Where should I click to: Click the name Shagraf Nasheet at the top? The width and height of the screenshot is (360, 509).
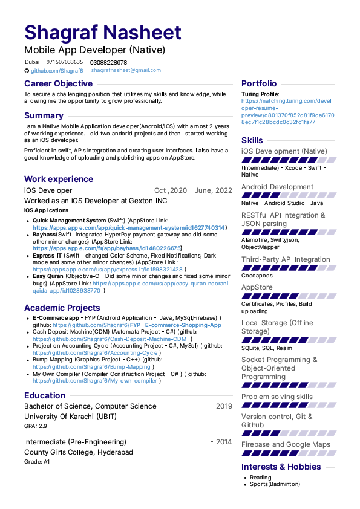(x=103, y=33)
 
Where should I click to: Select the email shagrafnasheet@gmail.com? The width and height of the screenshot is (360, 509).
(x=126, y=70)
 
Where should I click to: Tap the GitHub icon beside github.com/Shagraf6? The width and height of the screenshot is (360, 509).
(x=27, y=70)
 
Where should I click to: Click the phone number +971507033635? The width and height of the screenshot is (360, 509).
(x=63, y=62)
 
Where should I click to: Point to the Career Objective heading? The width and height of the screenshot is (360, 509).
(x=58, y=83)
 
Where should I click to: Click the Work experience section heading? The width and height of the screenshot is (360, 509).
(x=58, y=179)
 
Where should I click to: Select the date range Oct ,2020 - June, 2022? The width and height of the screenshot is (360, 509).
(x=193, y=190)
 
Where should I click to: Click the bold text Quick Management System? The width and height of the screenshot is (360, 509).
(x=68, y=221)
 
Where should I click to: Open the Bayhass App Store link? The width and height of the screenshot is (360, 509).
(x=106, y=248)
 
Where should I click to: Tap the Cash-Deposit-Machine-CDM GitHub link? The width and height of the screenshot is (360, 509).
(x=108, y=339)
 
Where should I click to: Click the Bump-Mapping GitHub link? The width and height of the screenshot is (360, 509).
(x=91, y=366)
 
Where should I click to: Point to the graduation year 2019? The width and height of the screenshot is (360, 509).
(x=223, y=406)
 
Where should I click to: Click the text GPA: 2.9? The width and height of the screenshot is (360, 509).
(x=36, y=426)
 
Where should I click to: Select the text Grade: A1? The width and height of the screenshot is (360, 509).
(x=37, y=462)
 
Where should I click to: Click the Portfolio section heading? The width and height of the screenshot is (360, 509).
(x=259, y=83)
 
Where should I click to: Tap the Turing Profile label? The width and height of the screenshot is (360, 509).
(x=260, y=94)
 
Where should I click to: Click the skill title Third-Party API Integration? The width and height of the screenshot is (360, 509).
(x=286, y=259)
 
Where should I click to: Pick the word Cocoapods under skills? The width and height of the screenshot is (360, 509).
(x=257, y=276)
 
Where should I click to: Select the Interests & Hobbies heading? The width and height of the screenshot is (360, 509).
(x=281, y=467)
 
